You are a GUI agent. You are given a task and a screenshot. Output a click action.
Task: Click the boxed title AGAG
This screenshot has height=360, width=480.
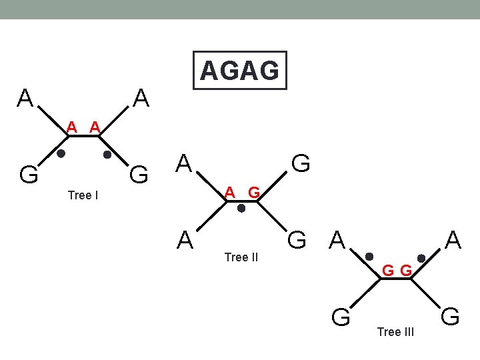239,70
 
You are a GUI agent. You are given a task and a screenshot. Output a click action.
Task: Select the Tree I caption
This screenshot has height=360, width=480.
83,195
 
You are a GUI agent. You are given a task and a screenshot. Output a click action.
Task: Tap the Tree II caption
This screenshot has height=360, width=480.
241,257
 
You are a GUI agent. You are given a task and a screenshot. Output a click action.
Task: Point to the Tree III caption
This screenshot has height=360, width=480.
395,332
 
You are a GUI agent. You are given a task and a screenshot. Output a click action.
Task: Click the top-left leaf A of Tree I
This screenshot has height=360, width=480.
25,99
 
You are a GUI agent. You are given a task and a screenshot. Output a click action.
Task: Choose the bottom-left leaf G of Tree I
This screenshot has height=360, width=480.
28,175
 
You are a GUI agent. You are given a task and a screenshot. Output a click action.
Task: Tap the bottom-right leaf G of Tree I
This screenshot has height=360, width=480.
139,175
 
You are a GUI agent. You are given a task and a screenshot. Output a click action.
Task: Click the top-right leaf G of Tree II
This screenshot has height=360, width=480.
301,162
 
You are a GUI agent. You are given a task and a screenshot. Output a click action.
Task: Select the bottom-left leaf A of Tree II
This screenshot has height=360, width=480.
185,238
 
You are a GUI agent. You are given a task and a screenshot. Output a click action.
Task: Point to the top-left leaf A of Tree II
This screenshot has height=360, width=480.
185,162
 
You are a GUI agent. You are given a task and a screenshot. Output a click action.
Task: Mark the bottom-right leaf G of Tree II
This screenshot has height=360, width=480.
297,238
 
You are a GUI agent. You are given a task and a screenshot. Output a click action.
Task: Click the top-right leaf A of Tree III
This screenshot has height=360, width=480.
453,239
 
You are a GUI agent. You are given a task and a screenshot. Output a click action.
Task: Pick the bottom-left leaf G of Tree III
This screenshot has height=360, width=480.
341,316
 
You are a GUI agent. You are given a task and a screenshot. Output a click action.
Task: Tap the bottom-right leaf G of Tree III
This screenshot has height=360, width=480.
451,315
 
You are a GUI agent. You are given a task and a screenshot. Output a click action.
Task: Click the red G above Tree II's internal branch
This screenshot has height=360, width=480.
253,193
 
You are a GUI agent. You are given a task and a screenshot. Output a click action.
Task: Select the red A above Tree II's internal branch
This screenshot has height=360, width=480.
229,193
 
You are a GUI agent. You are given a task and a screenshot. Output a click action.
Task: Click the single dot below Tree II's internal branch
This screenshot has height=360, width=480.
242,208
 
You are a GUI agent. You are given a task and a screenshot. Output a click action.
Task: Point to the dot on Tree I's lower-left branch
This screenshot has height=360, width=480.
61,154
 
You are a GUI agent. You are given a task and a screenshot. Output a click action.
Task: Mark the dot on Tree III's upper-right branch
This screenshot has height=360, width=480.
421,257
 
